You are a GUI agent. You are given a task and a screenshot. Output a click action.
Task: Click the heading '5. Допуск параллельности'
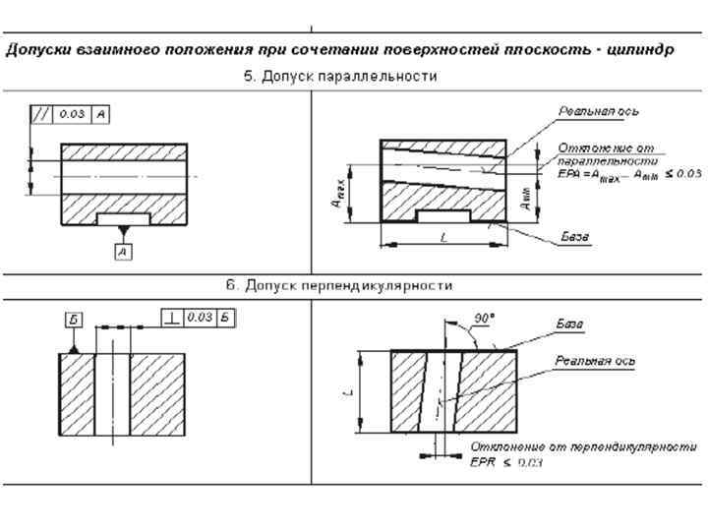tap(340, 76)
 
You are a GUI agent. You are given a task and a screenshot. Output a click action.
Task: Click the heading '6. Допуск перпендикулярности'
tap(340, 285)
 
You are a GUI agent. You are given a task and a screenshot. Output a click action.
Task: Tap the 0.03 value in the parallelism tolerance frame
tap(72, 114)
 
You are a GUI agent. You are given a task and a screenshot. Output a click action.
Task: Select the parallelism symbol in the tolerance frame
tap(42, 114)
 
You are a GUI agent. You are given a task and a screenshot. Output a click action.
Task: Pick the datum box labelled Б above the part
tap(74, 319)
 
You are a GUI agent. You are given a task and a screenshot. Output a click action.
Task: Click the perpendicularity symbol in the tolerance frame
tap(172, 317)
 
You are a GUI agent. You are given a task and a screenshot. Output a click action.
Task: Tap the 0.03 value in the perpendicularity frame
tap(200, 317)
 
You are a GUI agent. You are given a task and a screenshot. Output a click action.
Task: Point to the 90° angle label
tap(484, 320)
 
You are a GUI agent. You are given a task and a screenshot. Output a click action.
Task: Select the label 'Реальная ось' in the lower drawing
tap(595, 361)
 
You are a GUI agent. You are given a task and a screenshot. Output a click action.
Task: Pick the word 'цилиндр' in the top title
tap(643, 49)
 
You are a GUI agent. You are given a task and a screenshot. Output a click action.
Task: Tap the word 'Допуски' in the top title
tap(37, 49)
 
